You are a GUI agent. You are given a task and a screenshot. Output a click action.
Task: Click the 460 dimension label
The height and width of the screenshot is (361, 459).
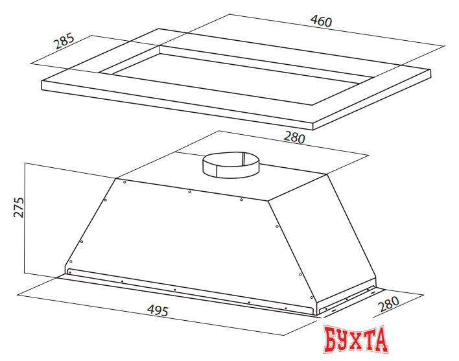pyautogui.click(x=321, y=21)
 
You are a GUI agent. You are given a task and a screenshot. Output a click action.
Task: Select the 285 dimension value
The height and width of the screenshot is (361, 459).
pyautogui.click(x=64, y=41)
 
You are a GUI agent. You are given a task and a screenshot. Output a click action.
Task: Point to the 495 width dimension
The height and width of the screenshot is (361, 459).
pyautogui.click(x=158, y=310)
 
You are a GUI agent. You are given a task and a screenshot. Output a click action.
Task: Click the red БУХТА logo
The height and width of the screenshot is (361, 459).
pyautogui.click(x=356, y=340)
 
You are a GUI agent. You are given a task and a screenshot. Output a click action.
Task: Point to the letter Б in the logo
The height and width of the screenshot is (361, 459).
pyautogui.click(x=333, y=340)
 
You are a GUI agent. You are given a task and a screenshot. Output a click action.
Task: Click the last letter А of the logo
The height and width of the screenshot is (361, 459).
pyautogui.click(x=379, y=340)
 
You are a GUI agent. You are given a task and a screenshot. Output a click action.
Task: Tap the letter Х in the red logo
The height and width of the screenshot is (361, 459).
pyautogui.click(x=356, y=340)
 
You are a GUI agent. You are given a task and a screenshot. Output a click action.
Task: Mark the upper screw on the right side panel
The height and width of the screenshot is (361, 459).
pyautogui.click(x=277, y=227)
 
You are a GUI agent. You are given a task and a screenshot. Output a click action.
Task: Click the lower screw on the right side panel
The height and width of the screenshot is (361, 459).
pyautogui.click(x=300, y=275)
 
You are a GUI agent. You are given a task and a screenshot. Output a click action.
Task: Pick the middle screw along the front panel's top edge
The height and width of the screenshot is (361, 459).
pyautogui.click(x=189, y=192)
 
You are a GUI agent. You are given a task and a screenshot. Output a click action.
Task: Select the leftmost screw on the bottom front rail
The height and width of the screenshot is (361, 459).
pyautogui.click(x=70, y=273)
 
